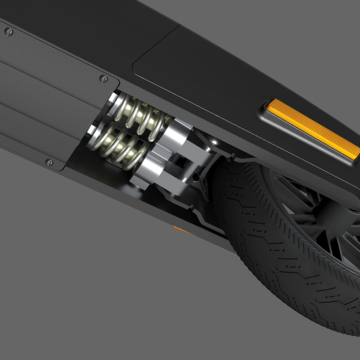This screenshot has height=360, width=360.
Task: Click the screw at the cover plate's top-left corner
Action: [9, 31]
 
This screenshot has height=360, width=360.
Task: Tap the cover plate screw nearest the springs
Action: [103, 79]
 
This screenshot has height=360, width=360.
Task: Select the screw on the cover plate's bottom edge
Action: [49, 162]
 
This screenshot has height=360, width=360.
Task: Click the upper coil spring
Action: [139, 118]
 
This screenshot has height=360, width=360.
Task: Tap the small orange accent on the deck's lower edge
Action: [181, 230]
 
